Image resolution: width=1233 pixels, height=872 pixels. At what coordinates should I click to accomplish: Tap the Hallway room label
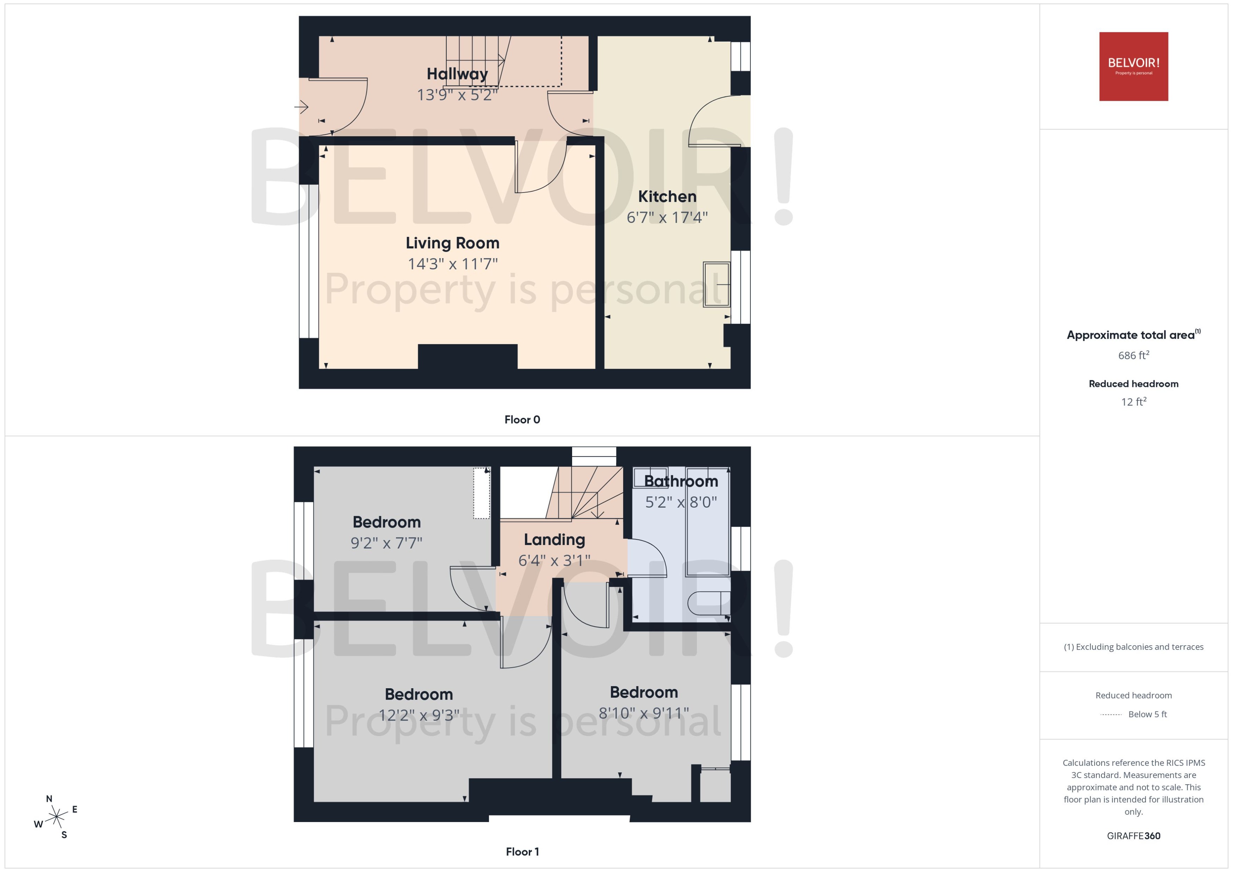(x=457, y=74)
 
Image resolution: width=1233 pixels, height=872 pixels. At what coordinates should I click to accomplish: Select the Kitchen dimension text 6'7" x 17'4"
(x=667, y=218)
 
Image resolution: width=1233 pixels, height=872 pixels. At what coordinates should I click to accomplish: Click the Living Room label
(x=452, y=243)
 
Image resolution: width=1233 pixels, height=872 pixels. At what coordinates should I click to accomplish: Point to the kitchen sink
(x=716, y=284)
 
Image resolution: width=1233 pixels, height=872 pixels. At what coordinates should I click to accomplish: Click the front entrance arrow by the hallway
(x=302, y=107)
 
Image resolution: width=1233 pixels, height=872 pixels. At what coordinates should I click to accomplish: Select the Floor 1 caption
(x=522, y=852)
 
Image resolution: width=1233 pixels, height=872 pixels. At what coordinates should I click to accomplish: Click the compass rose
(x=56, y=817)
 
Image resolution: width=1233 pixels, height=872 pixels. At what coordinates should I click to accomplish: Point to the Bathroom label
(x=681, y=481)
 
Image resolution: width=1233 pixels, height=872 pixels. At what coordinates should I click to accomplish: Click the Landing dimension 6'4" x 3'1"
(x=554, y=560)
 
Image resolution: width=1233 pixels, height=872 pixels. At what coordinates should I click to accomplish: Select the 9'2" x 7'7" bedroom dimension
(x=386, y=543)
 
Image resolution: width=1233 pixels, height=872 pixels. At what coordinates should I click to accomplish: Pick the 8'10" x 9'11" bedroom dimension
(x=644, y=713)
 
